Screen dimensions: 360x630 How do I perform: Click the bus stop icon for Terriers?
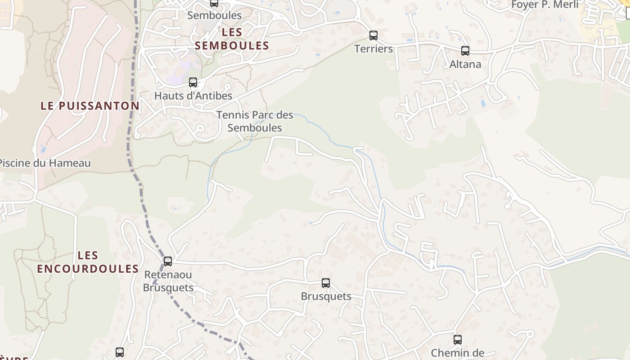pos(373,35)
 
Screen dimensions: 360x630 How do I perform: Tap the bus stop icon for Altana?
pos(465,50)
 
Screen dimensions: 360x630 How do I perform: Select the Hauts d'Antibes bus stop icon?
pos(193,82)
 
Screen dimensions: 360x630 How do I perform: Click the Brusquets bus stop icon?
pos(326,283)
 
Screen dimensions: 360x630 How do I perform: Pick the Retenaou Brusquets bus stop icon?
pos(168,261)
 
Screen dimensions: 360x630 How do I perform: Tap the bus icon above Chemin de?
pos(458,339)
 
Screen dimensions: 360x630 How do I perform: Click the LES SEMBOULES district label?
pos(232,39)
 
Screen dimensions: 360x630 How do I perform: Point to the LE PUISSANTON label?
pos(90,106)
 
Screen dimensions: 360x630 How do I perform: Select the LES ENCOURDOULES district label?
pos(88,262)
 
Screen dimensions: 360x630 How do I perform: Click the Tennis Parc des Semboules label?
pos(255,121)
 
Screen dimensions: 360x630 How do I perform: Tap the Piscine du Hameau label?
pos(45,163)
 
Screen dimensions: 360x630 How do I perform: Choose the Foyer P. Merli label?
pos(545,5)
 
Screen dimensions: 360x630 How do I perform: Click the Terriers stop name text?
pos(373,49)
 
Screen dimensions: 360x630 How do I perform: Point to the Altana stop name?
pos(465,64)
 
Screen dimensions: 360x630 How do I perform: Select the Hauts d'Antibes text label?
pos(193,95)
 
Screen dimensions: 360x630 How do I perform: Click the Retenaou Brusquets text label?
pos(168,281)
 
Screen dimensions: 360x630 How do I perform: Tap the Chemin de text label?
pos(458,353)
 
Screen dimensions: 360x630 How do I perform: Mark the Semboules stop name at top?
pos(214,15)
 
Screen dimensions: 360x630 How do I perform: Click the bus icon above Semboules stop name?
pos(214,3)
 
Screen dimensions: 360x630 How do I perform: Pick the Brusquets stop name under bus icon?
pos(326,296)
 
